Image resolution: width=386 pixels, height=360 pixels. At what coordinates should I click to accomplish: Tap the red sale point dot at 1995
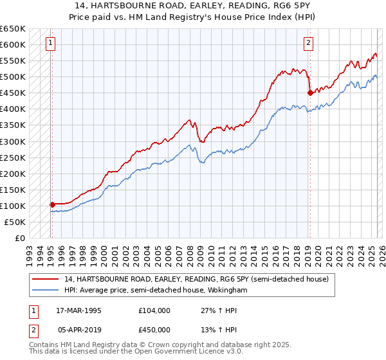[52, 204]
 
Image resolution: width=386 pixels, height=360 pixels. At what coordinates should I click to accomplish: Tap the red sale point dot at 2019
[309, 93]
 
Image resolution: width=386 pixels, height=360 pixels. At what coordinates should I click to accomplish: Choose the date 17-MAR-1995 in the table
[79, 310]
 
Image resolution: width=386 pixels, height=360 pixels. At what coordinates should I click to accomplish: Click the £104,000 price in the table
[154, 310]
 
